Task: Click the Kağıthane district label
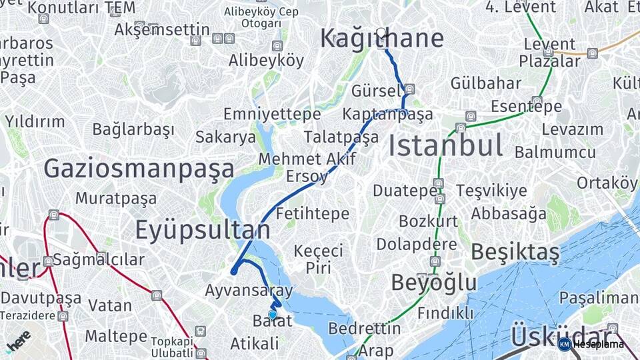(x=381, y=39)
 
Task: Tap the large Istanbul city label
(x=445, y=145)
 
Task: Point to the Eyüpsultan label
(x=203, y=230)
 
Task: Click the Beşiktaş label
(x=515, y=252)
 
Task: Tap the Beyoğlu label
(x=434, y=283)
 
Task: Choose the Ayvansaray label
(x=249, y=291)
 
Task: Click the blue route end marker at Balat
(x=272, y=315)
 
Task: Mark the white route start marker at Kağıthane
(x=381, y=32)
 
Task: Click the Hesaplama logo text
(x=598, y=344)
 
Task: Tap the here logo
(x=18, y=339)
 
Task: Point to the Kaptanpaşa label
(x=387, y=114)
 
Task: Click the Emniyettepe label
(x=271, y=115)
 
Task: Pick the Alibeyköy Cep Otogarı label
(x=261, y=17)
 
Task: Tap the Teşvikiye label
(x=491, y=191)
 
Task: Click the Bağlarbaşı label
(x=133, y=129)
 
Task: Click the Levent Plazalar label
(x=550, y=53)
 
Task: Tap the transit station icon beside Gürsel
(x=409, y=89)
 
